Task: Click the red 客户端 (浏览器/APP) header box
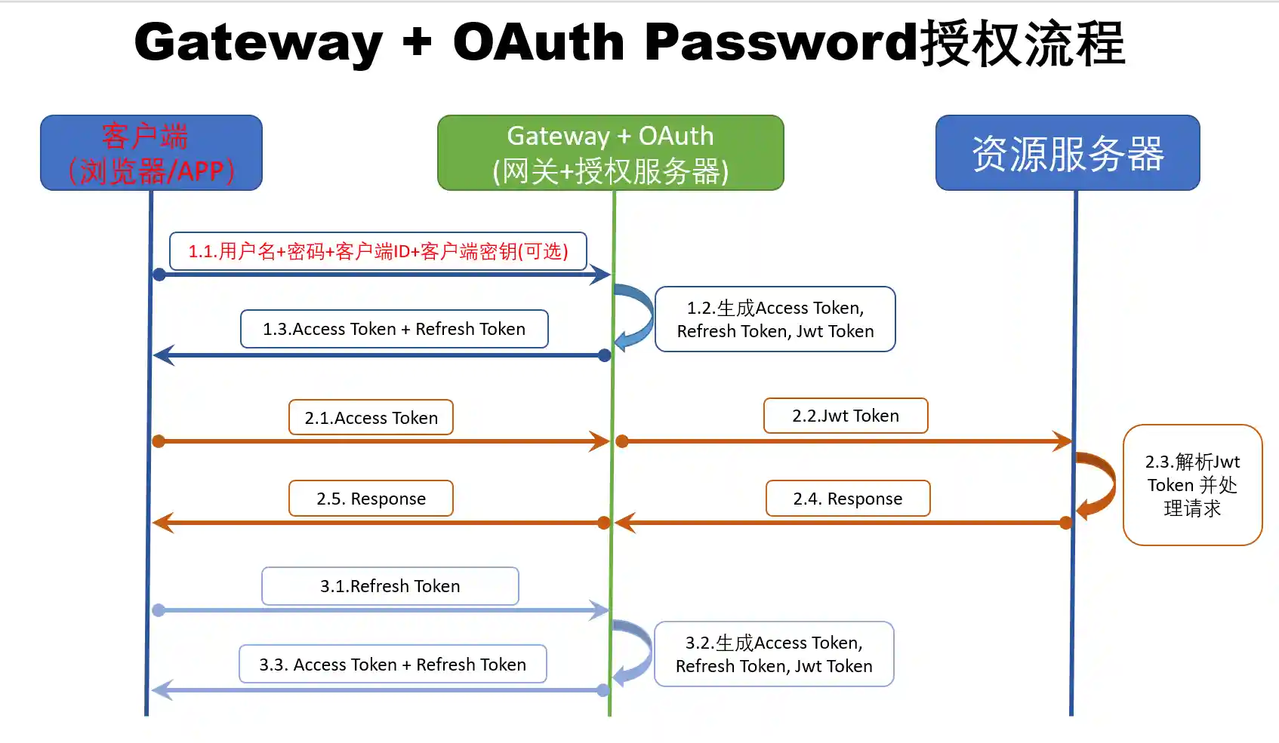click(151, 152)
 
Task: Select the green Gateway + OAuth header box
click(610, 152)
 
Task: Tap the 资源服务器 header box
click(1067, 152)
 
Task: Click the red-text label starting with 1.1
click(378, 251)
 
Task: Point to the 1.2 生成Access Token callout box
click(775, 319)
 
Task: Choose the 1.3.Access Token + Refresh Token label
click(393, 329)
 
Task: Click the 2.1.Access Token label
click(371, 417)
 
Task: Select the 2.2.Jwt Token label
click(845, 416)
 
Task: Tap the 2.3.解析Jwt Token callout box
click(1192, 484)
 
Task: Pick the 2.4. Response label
click(847, 499)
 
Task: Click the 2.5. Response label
click(371, 499)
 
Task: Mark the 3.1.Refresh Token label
click(390, 586)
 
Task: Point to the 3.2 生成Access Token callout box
click(774, 654)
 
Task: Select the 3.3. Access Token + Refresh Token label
click(393, 664)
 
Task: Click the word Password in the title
click(781, 42)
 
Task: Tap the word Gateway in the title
click(258, 42)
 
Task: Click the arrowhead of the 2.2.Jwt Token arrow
click(1063, 441)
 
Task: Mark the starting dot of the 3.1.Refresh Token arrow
click(159, 610)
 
